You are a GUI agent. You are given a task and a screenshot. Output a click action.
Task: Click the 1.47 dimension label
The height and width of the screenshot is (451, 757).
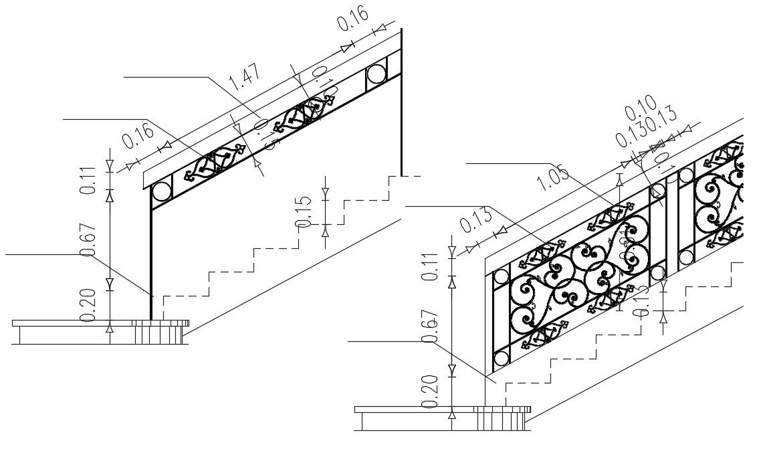pos(244,77)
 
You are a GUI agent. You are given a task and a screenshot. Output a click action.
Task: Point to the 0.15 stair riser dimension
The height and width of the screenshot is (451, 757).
pos(304,211)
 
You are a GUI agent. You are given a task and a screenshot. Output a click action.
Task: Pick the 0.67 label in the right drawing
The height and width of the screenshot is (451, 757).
pos(431,327)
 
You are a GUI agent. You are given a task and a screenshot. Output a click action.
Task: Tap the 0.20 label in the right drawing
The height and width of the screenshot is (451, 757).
pos(431,391)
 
